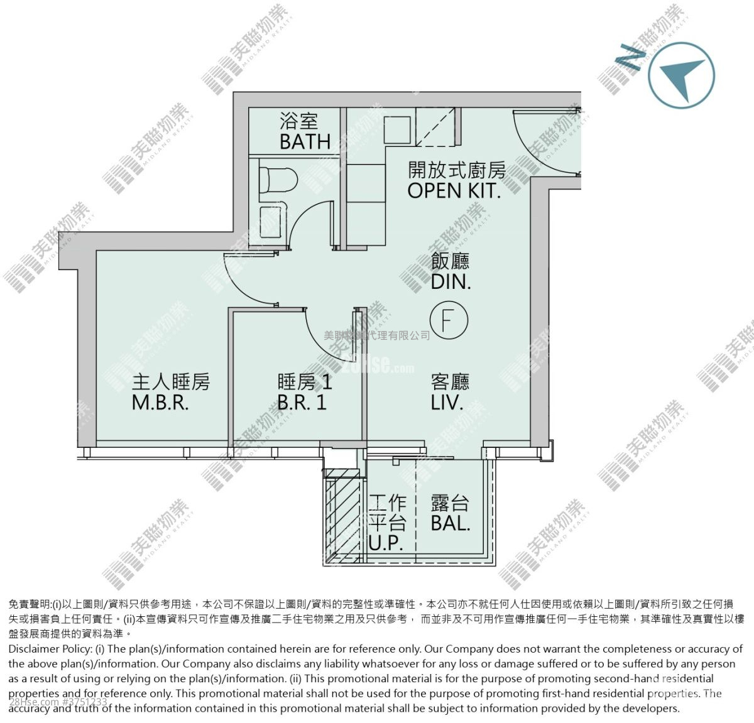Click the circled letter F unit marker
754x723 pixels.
point(449,320)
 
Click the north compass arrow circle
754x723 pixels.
point(681,75)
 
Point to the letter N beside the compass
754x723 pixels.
point(630,58)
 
